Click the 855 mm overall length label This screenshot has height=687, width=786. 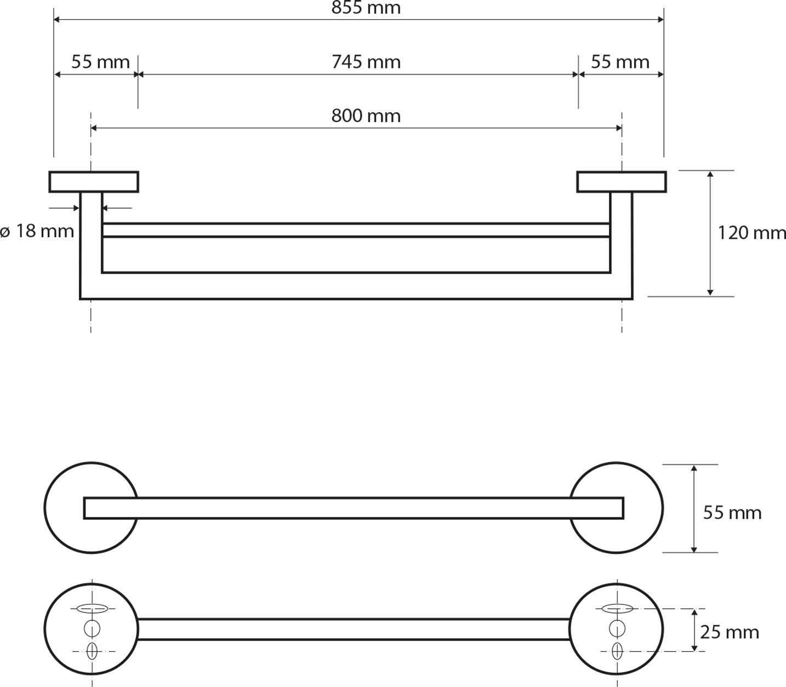pos(366,8)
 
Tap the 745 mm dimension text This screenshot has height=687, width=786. pos(366,62)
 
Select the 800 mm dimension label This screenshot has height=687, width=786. pos(366,116)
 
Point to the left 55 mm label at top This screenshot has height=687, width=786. pos(101,62)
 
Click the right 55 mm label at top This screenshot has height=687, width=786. pos(620,62)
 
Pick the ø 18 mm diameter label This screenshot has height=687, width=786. pos(37,231)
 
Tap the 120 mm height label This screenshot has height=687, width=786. pos(751,233)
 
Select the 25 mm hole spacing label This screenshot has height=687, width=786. pos(730,632)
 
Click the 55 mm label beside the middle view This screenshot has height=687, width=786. pos(732,513)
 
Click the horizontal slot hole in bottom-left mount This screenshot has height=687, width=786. pos(92,609)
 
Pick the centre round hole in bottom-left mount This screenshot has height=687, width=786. pos(92,628)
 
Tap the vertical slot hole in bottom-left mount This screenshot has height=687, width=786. pos(92,651)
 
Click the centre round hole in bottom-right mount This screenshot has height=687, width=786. pos(617,628)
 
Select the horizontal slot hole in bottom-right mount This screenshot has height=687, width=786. pos(617,609)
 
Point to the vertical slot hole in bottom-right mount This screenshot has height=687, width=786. pos(617,651)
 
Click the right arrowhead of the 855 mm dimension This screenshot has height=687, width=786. pos(661,20)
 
